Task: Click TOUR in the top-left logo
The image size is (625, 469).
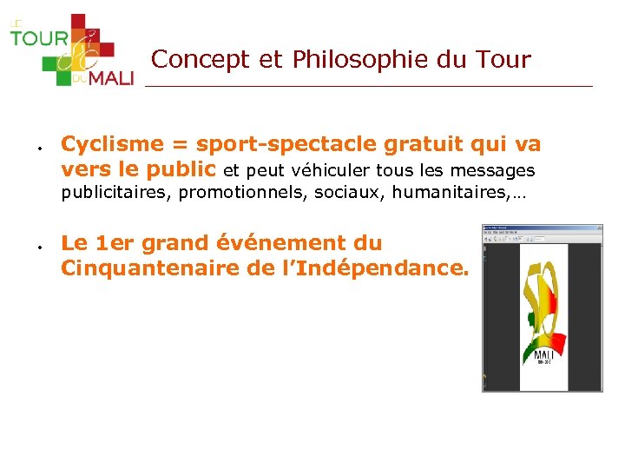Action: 39,38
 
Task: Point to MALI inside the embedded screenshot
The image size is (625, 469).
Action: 544,355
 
